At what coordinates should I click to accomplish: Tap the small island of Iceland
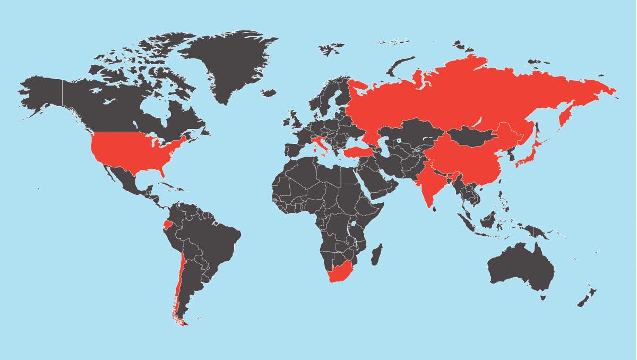(x=269, y=93)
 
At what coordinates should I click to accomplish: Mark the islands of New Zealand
(x=587, y=297)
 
